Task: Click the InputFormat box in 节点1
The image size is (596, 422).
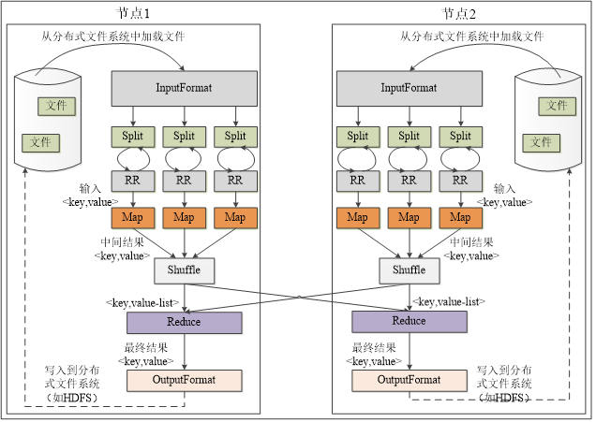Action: click(184, 88)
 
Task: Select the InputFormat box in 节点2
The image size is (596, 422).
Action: click(409, 88)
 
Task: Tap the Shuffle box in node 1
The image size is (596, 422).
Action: click(184, 270)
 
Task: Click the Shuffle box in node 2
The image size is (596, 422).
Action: click(409, 270)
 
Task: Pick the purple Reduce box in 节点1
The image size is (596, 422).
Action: click(184, 322)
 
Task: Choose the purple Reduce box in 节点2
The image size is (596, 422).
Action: click(409, 322)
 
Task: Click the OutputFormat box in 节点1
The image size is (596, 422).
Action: click(184, 380)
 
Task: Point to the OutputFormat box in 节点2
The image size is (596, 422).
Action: click(409, 380)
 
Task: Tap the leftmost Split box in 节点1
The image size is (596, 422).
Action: click(133, 137)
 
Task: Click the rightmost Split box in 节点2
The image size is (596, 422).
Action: click(460, 137)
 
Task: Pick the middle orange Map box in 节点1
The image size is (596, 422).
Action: click(184, 218)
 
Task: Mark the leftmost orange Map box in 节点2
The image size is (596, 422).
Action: click(358, 218)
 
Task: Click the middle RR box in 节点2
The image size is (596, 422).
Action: click(409, 179)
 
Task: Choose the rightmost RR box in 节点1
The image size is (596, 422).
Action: click(235, 179)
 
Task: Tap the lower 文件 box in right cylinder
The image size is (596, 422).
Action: click(542, 142)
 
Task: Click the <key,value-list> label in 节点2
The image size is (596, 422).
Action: click(448, 301)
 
